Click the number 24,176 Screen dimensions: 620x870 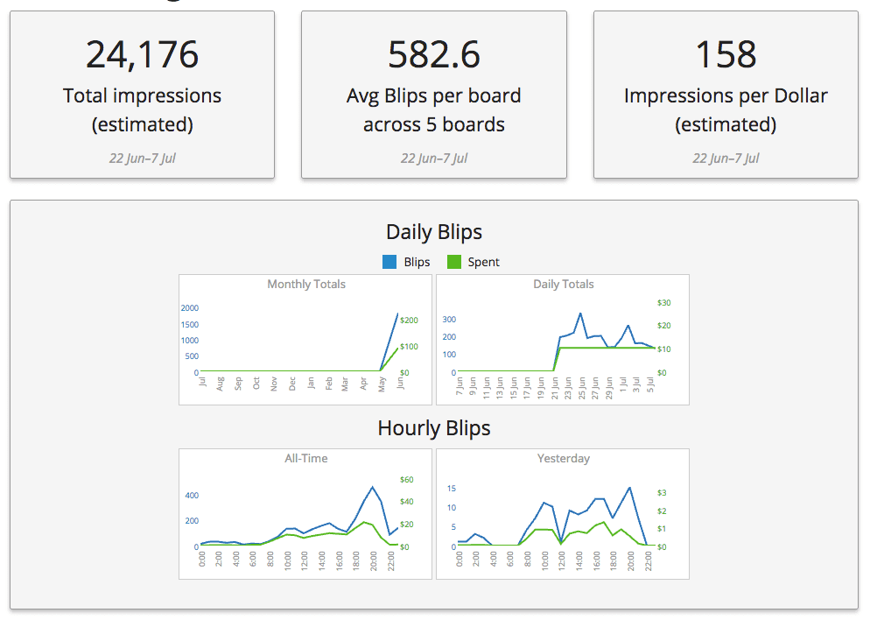coord(142,54)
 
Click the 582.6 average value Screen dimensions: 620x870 coord(434,54)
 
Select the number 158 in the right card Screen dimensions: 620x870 coord(726,54)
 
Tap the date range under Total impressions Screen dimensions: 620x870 coord(142,159)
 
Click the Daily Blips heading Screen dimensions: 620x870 coord(434,232)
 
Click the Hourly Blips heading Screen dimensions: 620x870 coord(434,428)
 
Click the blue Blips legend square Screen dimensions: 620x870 coord(390,262)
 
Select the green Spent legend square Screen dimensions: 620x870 coord(454,262)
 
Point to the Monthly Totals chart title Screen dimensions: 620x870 coord(305,285)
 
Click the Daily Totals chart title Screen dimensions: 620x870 coord(563,285)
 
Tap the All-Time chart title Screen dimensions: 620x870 coord(305,459)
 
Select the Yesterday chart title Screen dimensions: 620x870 coord(563,459)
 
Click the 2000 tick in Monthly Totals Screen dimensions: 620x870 coord(190,308)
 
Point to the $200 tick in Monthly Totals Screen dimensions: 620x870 coord(409,321)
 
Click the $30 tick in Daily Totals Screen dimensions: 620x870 coord(663,303)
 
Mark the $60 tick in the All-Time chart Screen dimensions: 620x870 coord(406,480)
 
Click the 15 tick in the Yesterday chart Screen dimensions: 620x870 coord(451,488)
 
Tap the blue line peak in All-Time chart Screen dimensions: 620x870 coord(373,487)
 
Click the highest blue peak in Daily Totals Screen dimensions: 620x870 coord(580,314)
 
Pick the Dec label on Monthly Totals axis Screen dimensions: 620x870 coord(292,384)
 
